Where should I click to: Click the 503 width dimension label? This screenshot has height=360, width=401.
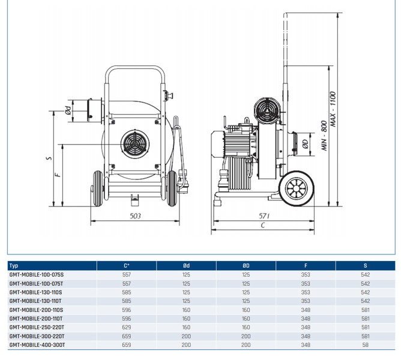point(136,215)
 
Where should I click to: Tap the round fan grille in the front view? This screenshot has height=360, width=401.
point(136,145)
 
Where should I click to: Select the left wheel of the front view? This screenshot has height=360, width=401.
point(97,189)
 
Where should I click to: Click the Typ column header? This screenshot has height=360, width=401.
point(14,265)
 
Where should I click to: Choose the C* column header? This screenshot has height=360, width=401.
point(127,265)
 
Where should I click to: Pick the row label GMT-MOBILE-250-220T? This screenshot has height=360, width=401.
point(38,328)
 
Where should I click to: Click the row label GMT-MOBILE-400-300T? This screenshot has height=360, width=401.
point(38,346)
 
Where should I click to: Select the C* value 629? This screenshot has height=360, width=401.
point(126,328)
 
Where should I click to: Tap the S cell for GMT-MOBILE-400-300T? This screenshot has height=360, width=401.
point(366,346)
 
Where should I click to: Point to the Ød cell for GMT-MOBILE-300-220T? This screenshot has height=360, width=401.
point(186,337)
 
